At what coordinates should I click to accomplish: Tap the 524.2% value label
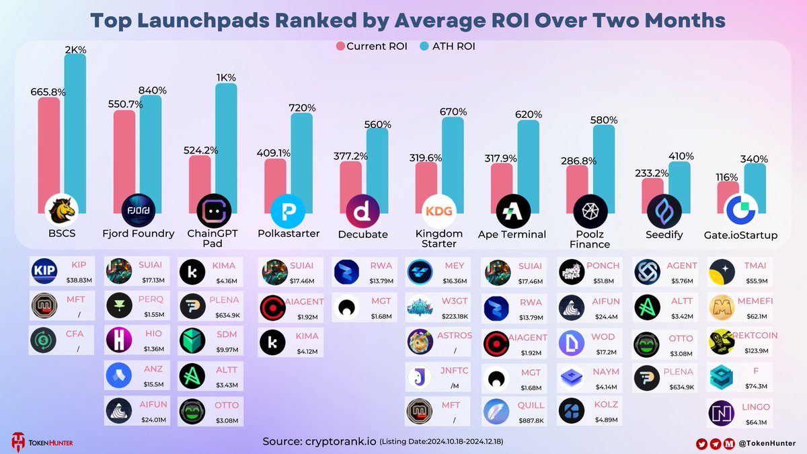tap(200, 151)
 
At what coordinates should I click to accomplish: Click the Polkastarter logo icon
tap(287, 213)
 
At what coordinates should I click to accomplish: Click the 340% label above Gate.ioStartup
tap(754, 159)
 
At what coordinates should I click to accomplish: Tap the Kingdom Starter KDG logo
tap(438, 213)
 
